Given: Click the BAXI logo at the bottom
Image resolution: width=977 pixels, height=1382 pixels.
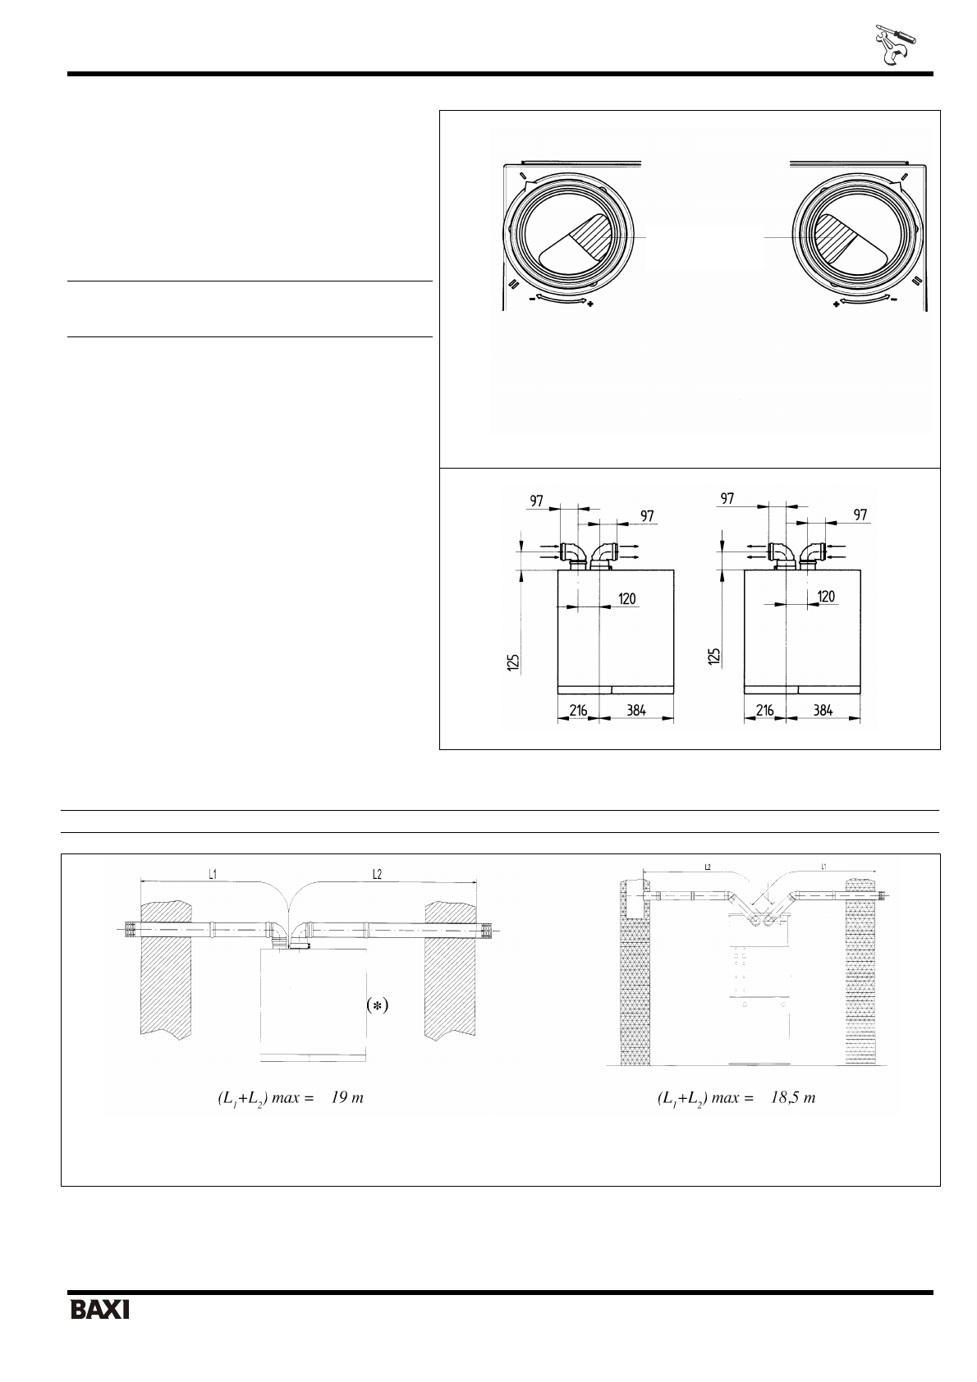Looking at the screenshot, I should [100, 1309].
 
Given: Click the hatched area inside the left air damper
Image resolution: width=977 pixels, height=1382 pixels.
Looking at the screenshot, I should [588, 236].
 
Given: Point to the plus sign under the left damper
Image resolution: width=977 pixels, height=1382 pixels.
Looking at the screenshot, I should [590, 304].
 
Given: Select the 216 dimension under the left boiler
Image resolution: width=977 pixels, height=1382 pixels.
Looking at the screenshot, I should [578, 710].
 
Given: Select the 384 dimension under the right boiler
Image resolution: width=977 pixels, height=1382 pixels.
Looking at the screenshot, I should [821, 710].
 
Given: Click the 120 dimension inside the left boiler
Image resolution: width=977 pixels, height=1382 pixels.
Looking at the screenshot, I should [627, 599].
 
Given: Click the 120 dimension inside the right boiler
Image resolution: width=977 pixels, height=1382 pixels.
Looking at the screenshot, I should [826, 597].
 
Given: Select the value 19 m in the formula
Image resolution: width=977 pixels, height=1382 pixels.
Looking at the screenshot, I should [346, 1098].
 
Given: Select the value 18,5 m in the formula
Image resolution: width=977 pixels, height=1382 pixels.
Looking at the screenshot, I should [792, 1098].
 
